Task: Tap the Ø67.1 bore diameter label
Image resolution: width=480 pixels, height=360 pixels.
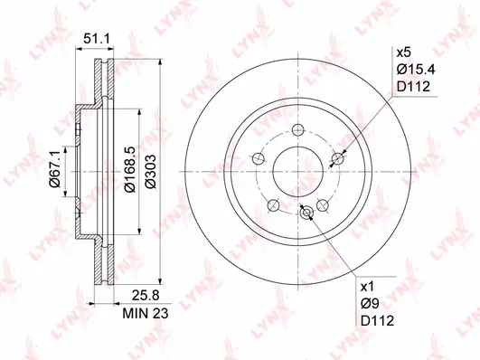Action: (x=54, y=170)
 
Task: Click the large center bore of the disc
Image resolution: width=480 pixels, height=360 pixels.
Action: (x=297, y=171)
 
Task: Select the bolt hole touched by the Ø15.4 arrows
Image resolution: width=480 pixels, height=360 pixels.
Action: (x=339, y=159)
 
